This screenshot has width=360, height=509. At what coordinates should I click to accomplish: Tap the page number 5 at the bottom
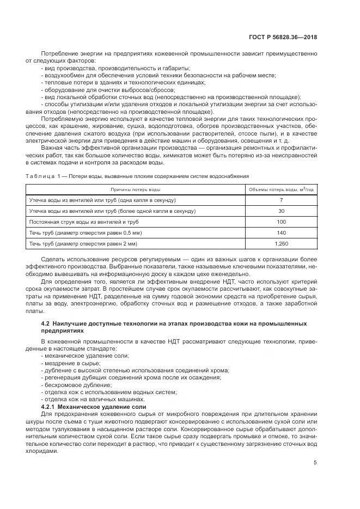315,463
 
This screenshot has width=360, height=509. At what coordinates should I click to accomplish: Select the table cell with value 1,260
281,243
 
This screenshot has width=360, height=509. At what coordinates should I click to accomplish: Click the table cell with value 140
281,232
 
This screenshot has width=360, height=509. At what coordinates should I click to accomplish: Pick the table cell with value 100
281,222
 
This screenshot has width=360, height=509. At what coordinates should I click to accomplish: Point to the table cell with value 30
281,211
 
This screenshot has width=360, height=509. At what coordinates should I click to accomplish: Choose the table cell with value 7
281,200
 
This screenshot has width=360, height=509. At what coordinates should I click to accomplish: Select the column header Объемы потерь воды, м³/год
281,189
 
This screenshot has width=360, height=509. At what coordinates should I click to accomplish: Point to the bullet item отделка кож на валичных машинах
87,399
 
